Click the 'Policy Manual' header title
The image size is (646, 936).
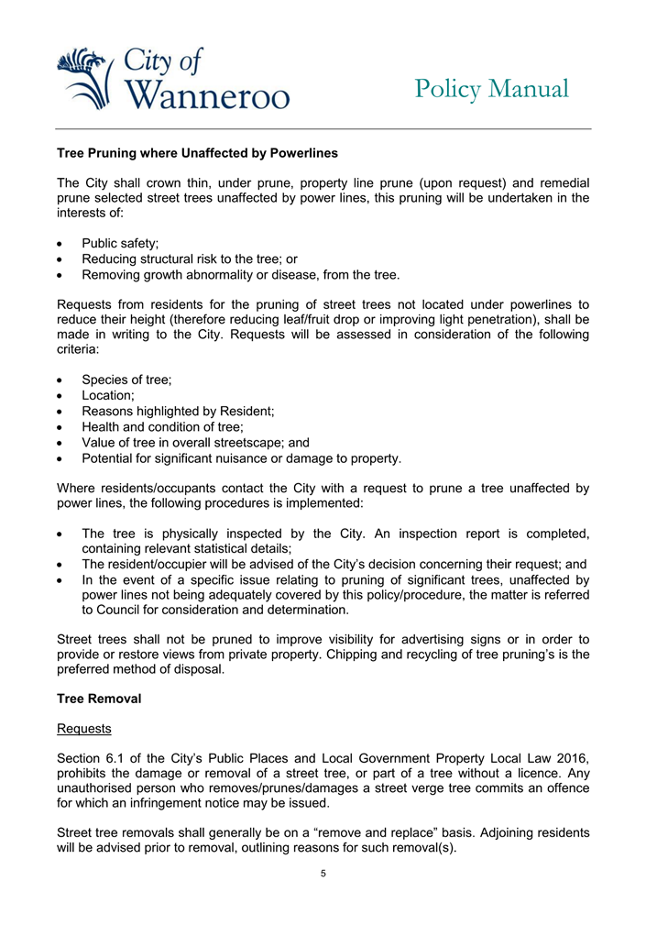click(491, 89)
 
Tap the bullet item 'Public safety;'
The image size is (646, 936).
click(120, 243)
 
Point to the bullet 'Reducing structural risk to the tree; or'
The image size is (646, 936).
click(189, 259)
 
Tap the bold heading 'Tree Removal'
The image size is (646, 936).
click(99, 699)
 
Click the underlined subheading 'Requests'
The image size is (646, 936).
click(83, 729)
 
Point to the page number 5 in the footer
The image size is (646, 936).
click(323, 873)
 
